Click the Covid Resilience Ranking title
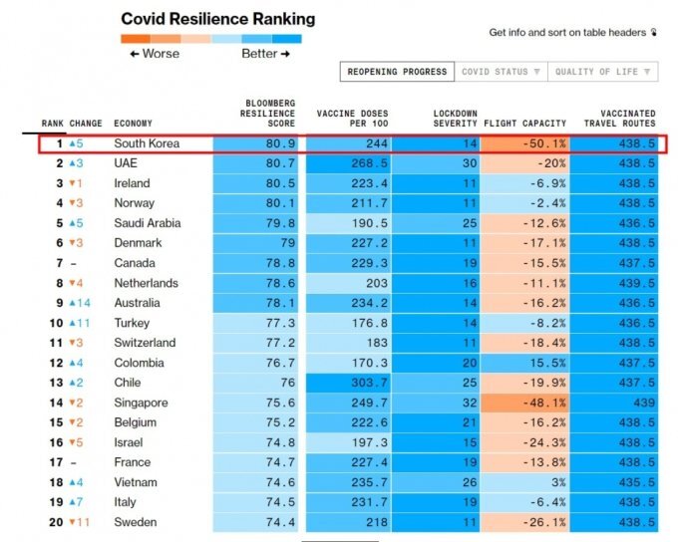(218, 19)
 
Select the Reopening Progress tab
(397, 72)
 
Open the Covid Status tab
(501, 72)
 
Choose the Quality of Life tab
(603, 72)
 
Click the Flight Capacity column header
(524, 124)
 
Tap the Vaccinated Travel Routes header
(619, 119)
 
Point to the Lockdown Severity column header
(456, 119)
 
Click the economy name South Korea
(147, 143)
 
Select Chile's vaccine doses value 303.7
(369, 383)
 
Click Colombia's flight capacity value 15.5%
(547, 363)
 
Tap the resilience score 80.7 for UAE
(280, 163)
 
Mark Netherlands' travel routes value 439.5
(637, 283)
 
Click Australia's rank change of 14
(80, 303)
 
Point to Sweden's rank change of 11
(79, 522)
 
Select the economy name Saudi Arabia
(148, 223)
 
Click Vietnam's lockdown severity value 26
(470, 482)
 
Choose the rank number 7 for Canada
(60, 263)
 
